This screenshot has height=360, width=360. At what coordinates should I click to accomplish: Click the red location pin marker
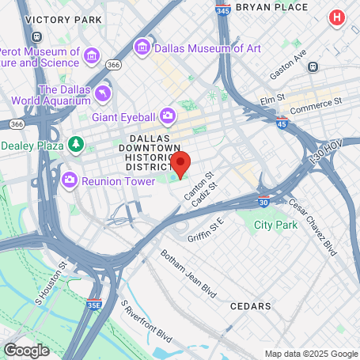point(181,164)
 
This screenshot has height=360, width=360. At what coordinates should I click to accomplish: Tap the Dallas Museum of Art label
point(207,47)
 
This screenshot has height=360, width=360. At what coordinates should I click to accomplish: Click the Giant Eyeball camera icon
point(167,116)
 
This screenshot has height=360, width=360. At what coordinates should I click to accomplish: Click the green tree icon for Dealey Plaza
point(76,145)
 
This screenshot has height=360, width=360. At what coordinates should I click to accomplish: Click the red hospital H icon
point(338,17)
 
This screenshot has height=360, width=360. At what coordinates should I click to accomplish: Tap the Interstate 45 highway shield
point(282,123)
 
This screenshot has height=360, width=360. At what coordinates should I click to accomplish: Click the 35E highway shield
point(94,303)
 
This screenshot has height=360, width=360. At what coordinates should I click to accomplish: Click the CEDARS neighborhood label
point(250,305)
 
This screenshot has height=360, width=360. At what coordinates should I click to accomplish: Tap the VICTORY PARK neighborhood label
point(64,18)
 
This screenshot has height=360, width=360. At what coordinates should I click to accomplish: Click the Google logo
point(26,349)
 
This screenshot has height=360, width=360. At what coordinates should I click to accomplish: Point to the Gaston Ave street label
point(289,63)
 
